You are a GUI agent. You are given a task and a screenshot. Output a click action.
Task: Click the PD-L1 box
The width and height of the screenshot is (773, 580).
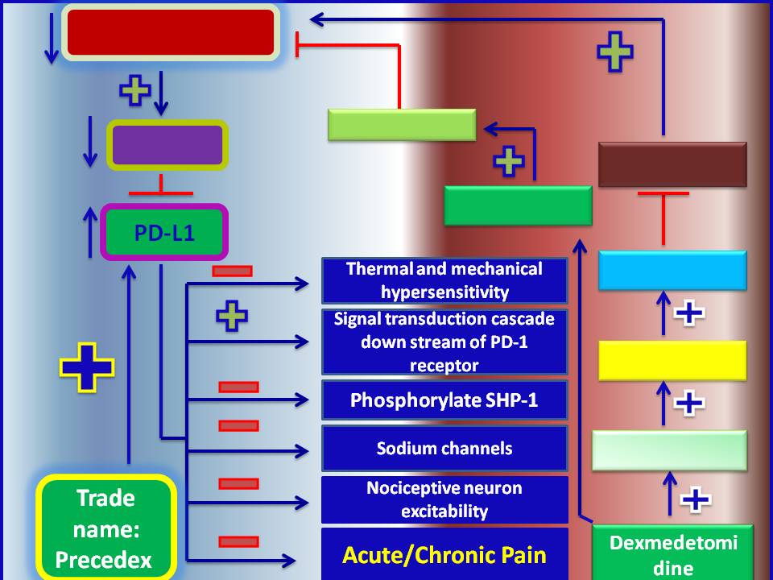(164, 233)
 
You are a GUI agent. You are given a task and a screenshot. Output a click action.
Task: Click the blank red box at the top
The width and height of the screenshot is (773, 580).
(171, 33)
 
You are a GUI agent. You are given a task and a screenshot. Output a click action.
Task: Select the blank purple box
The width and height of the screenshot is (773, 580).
(167, 146)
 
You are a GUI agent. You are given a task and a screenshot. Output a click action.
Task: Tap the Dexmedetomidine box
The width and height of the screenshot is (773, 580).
(672, 553)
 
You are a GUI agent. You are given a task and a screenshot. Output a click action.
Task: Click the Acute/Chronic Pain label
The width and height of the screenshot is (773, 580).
(444, 555)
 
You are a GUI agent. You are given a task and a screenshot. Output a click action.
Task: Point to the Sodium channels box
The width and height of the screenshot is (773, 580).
(444, 448)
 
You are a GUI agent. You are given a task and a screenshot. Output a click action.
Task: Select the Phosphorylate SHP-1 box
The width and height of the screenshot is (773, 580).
(444, 400)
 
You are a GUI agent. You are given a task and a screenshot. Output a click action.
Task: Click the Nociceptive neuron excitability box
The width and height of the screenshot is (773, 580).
(444, 499)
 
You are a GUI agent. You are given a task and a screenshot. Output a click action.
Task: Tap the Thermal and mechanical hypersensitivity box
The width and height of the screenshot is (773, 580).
(444, 280)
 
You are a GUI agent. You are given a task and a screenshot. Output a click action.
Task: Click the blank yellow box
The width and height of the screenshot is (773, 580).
(672, 360)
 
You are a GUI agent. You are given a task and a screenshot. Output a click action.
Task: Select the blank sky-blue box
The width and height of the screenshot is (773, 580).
(672, 270)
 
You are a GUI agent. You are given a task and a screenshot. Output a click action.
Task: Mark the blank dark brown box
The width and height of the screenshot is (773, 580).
(672, 164)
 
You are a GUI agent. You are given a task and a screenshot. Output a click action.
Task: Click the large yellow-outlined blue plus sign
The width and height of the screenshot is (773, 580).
(87, 367)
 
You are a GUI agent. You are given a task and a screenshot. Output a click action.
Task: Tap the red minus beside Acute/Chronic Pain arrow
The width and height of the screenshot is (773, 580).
(238, 542)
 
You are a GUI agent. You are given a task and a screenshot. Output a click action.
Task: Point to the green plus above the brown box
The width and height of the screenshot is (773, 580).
(614, 50)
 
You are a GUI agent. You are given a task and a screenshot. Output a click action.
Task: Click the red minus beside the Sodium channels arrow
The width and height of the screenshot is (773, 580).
(238, 425)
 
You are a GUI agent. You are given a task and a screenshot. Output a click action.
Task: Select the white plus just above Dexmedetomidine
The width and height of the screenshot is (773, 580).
(696, 499)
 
